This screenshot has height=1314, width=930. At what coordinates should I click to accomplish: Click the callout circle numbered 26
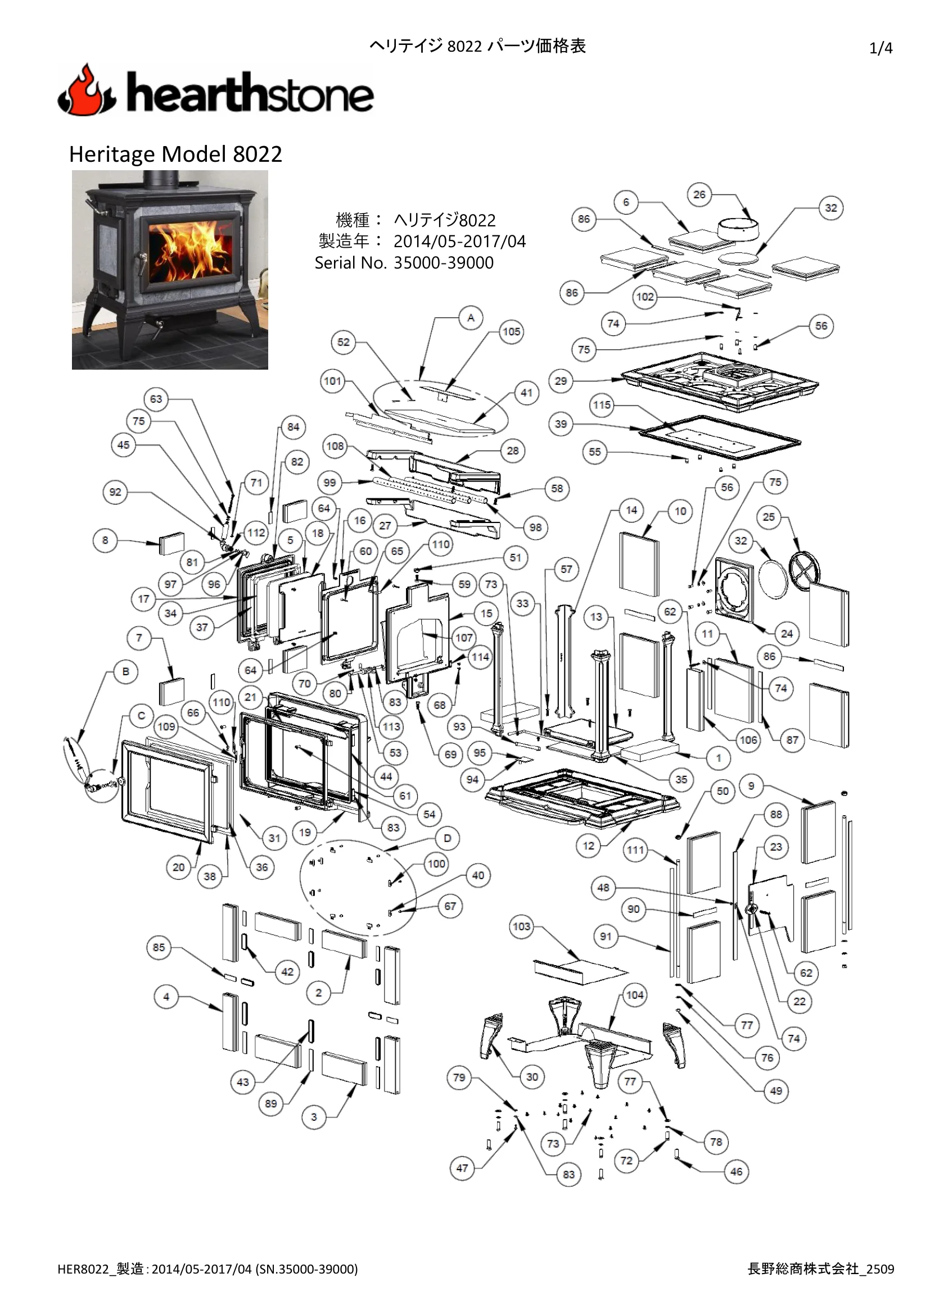point(699,194)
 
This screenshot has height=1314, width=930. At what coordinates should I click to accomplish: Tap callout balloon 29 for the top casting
point(561,380)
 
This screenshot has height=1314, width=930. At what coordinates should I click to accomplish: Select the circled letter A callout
point(471,317)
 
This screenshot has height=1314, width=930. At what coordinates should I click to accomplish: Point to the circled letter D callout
point(447,838)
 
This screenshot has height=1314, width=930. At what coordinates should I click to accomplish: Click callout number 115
point(602,405)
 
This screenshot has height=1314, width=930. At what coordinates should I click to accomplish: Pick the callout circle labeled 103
point(521,926)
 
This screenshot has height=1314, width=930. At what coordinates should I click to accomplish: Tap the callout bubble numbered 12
point(589,846)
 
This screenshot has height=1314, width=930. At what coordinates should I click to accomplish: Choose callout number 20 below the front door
point(179,867)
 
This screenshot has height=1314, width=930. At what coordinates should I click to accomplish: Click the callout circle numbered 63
point(156,399)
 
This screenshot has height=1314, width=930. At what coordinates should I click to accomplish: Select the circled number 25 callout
point(769,517)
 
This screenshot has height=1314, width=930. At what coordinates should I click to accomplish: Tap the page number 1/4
point(881,48)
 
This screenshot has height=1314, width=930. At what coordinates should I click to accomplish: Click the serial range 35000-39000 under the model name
point(443,263)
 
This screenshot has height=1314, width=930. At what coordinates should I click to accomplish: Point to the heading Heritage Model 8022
point(175,154)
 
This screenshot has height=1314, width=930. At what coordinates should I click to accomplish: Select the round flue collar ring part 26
point(738,229)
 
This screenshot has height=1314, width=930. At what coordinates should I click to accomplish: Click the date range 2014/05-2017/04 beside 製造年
point(459,242)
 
